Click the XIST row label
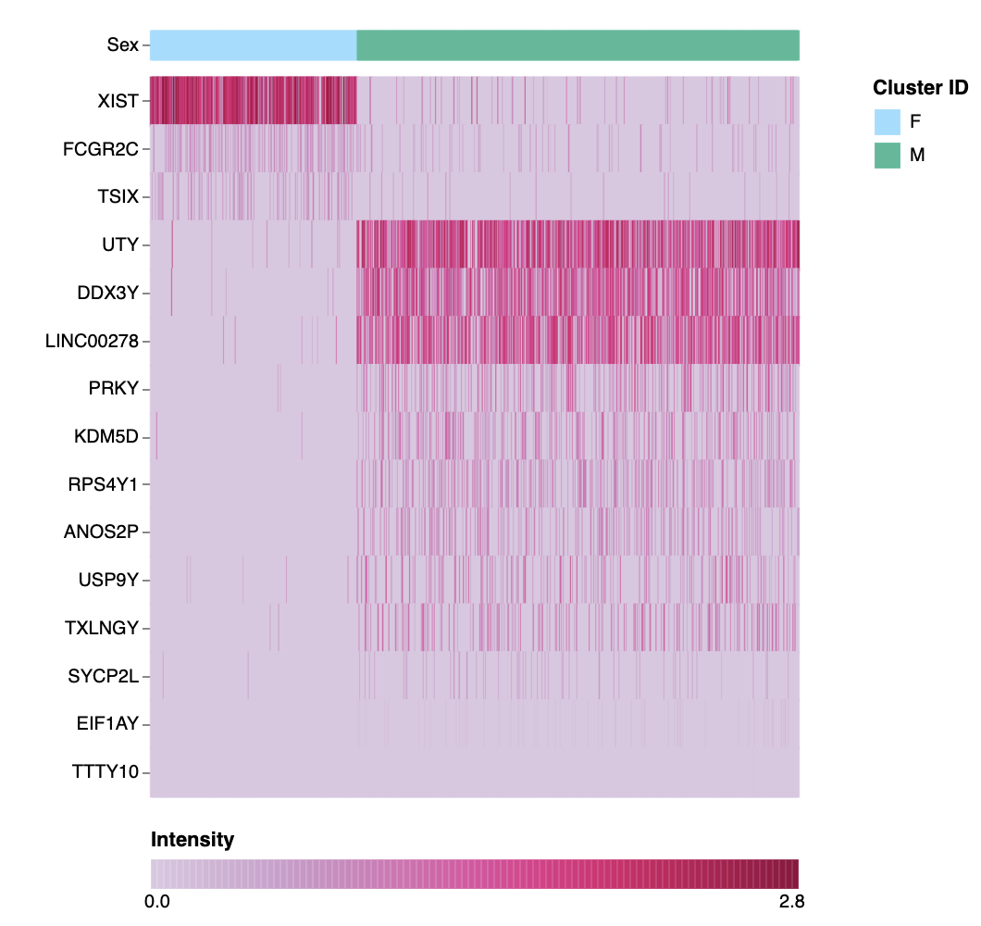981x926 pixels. tap(118, 101)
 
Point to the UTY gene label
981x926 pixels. tap(121, 244)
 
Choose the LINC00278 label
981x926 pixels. tap(92, 341)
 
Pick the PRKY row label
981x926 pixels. tap(114, 389)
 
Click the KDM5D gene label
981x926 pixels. tap(106, 437)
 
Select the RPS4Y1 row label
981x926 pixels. tap(104, 484)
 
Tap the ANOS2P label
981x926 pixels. tap(101, 532)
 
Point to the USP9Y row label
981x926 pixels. tap(108, 581)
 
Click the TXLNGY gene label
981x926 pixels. tap(102, 629)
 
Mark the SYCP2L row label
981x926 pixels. tap(104, 676)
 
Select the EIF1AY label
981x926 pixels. tap(107, 724)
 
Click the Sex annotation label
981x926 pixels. tap(122, 44)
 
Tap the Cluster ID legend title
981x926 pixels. tap(920, 88)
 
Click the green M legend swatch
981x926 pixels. tap(888, 156)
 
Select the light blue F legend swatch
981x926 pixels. tap(888, 121)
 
